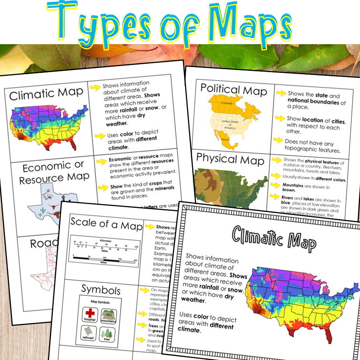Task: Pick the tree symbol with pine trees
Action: coord(108,333)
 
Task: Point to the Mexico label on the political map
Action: coord(225,140)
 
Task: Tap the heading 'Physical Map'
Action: coord(230,160)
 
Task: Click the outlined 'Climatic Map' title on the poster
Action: coord(274,240)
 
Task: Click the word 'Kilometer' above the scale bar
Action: coord(106,240)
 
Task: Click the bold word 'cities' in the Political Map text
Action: coord(338,121)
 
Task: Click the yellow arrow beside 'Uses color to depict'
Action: coord(99,135)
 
